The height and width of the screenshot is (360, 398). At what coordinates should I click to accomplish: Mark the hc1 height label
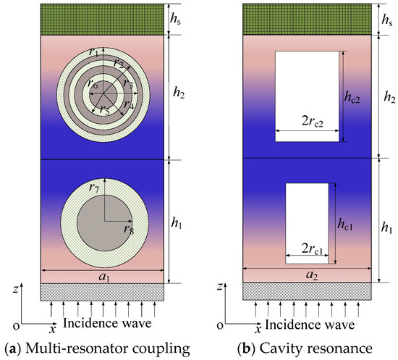[x=345, y=225]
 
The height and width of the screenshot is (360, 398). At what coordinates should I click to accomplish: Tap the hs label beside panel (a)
[x=177, y=17]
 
